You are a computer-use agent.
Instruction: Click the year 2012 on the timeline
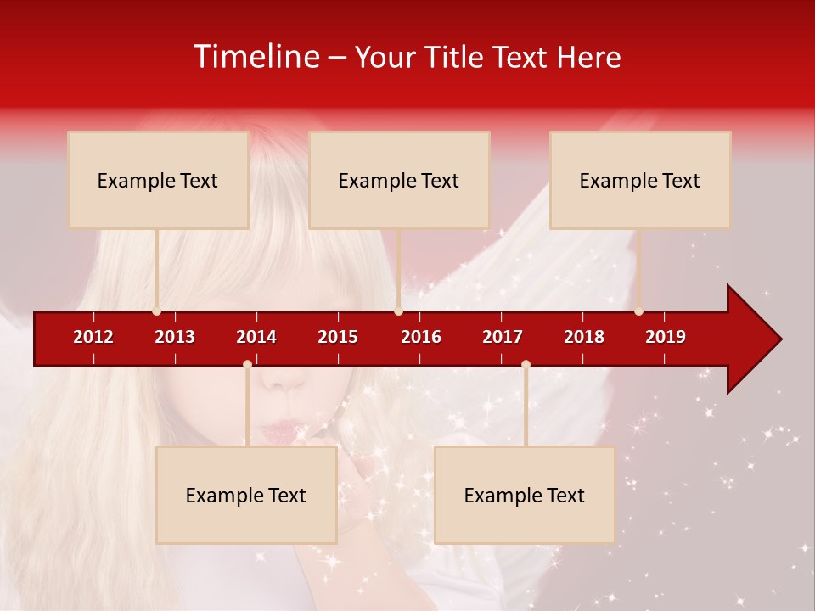(93, 337)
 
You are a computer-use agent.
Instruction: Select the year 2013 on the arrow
(175, 337)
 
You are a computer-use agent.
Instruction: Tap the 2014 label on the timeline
(256, 337)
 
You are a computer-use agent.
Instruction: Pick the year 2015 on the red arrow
(338, 337)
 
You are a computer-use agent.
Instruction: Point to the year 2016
(421, 337)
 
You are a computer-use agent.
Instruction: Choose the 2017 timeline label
(503, 337)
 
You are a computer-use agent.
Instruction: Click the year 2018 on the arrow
(584, 337)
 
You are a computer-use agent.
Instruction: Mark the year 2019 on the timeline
(666, 337)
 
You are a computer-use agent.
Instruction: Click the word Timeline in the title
(256, 57)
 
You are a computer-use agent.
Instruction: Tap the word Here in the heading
(588, 57)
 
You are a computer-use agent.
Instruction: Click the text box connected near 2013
(158, 180)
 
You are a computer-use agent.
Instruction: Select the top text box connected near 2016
(399, 180)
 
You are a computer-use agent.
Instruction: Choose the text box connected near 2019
(640, 180)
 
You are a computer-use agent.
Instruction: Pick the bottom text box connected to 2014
(246, 495)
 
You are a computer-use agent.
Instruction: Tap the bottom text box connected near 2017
(525, 495)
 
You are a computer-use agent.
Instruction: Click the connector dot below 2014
(247, 365)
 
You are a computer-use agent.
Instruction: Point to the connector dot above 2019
(639, 311)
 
